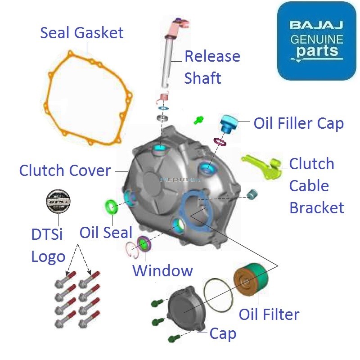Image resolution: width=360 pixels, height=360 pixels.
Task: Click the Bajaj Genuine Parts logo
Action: pyautogui.click(x=316, y=40)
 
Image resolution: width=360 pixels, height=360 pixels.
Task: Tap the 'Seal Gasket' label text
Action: pyautogui.click(x=82, y=33)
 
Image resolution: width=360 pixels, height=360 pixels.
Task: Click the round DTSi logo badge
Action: pyautogui.click(x=58, y=202)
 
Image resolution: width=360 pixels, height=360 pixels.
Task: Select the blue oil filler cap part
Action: pyautogui.click(x=229, y=123)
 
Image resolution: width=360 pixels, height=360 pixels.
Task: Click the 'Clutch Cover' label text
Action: pyautogui.click(x=65, y=171)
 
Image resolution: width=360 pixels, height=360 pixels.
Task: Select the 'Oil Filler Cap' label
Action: pyautogui.click(x=298, y=123)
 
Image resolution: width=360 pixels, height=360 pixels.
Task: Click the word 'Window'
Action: pyautogui.click(x=162, y=271)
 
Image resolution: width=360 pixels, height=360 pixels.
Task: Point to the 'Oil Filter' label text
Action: pyautogui.click(x=269, y=314)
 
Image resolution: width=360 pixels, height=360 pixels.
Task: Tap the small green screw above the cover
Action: pyautogui.click(x=198, y=120)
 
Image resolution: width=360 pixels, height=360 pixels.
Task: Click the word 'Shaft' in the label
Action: pyautogui.click(x=202, y=78)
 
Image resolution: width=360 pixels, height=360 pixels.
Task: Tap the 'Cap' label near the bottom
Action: pyautogui.click(x=223, y=334)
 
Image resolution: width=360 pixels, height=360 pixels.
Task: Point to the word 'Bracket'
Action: pyautogui.click(x=316, y=207)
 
